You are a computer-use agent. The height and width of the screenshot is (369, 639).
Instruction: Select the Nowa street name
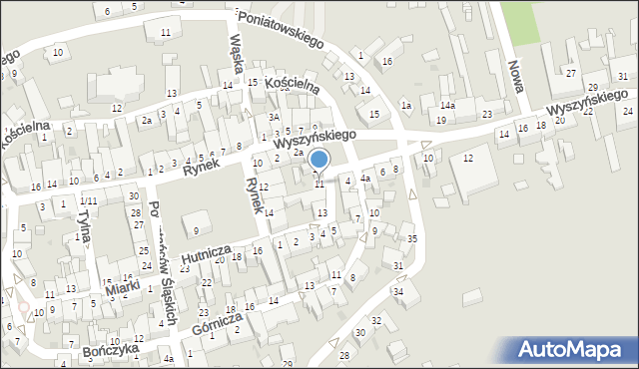[516, 76]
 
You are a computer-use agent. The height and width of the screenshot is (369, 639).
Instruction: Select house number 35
[412, 239]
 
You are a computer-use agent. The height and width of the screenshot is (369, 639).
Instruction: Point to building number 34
[397, 291]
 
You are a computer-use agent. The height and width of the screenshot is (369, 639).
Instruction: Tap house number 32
[376, 320]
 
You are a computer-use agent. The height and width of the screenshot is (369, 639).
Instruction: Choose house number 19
[441, 120]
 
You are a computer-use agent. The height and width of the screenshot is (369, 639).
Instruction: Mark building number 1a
[405, 105]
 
